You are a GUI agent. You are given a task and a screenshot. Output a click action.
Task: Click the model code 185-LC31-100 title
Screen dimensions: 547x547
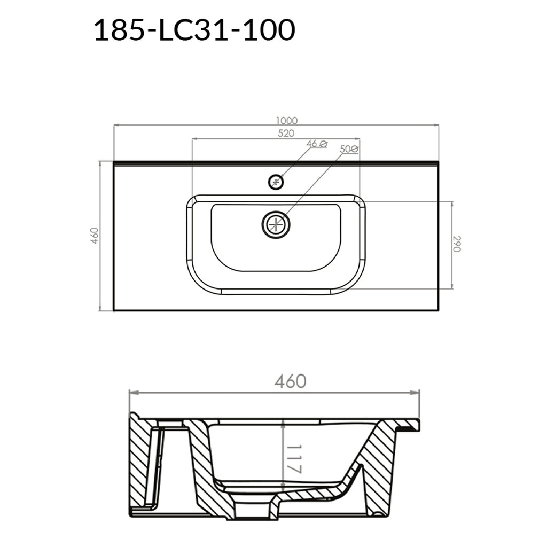[194, 30]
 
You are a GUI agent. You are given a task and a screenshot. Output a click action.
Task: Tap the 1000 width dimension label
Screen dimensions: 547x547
[286, 121]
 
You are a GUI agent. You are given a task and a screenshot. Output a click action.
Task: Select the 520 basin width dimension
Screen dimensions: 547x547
[286, 134]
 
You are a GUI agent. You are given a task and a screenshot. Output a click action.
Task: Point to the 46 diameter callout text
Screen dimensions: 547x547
[316, 144]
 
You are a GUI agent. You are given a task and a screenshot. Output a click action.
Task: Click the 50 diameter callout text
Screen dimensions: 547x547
[349, 150]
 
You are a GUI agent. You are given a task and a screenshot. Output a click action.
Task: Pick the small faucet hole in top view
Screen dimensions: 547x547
[276, 182]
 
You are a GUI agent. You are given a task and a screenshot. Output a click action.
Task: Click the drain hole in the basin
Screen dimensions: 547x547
[276, 224]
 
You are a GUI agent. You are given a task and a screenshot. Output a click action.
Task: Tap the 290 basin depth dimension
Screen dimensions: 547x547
[457, 244]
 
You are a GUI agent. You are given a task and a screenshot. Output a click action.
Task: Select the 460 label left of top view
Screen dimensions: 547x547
[95, 236]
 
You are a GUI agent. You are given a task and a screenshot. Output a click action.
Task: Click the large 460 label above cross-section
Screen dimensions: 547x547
[291, 381]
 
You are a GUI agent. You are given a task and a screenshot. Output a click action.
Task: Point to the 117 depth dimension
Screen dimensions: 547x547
[294, 458]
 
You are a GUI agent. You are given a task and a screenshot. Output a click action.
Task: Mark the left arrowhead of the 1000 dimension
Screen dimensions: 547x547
[116, 126]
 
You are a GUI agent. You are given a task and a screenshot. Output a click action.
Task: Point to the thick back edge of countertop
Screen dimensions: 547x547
[276, 162]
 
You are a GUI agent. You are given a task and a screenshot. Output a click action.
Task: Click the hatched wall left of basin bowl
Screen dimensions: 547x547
[206, 470]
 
